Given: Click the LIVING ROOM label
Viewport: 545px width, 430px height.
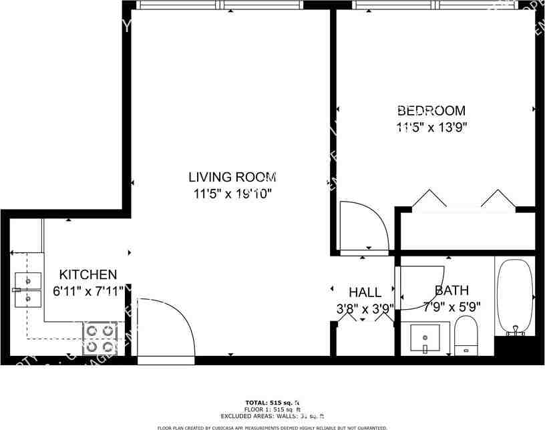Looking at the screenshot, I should click(x=232, y=178).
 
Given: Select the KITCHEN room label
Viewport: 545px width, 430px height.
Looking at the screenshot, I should click(x=88, y=274).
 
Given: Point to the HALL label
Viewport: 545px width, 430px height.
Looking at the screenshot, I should click(x=365, y=292).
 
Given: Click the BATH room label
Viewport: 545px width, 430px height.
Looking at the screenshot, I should click(x=451, y=290).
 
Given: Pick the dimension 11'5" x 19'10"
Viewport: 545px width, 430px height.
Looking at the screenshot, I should click(x=232, y=194).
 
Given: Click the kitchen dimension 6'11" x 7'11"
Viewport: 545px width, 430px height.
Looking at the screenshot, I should click(x=88, y=291).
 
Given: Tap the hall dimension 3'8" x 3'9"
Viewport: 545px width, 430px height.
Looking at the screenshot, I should click(x=365, y=308).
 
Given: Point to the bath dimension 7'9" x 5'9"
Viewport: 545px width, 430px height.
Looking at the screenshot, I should click(x=452, y=307).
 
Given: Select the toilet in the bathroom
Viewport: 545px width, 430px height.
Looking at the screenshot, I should click(x=466, y=335).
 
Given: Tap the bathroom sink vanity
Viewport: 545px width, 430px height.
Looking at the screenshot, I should click(x=427, y=339).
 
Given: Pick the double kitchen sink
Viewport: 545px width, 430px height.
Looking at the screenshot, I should click(x=27, y=290).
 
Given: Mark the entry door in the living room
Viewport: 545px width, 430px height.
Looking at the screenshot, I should click(x=164, y=327).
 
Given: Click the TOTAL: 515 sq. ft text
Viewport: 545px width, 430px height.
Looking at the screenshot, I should click(x=272, y=403).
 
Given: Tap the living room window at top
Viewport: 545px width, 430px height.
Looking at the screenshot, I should click(x=221, y=5).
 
